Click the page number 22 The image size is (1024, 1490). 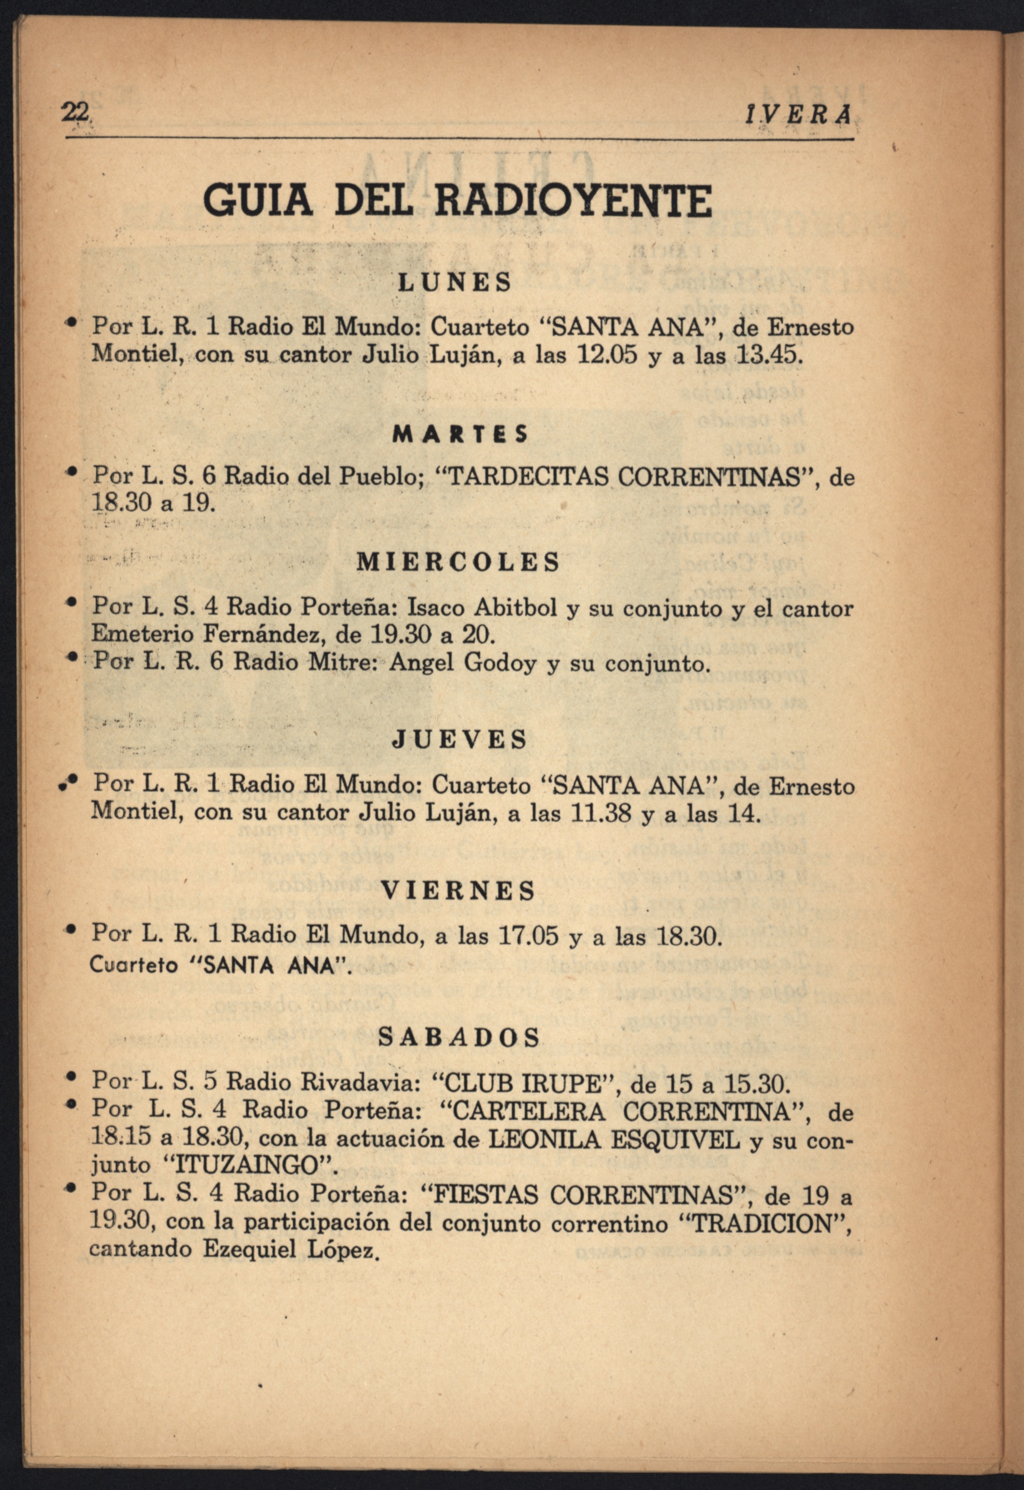point(74,113)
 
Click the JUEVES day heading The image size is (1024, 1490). point(459,739)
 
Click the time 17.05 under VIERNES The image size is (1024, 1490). point(530,934)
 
